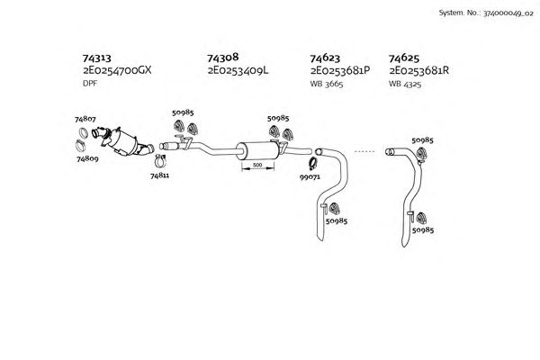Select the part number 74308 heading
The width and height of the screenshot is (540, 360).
pyautogui.click(x=223, y=56)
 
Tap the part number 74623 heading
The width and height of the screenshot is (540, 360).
pyautogui.click(x=325, y=56)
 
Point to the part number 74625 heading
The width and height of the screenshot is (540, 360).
pyautogui.click(x=404, y=56)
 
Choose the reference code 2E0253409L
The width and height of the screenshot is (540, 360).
pyautogui.click(x=238, y=69)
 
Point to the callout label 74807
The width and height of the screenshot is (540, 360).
pyautogui.click(x=85, y=119)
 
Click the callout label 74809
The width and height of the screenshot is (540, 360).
pyautogui.click(x=86, y=157)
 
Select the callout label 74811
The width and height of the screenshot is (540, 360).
pyautogui.click(x=159, y=176)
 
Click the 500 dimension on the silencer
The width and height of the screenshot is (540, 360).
pyautogui.click(x=256, y=166)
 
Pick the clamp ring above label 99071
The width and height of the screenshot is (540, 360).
pyautogui.click(x=313, y=163)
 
